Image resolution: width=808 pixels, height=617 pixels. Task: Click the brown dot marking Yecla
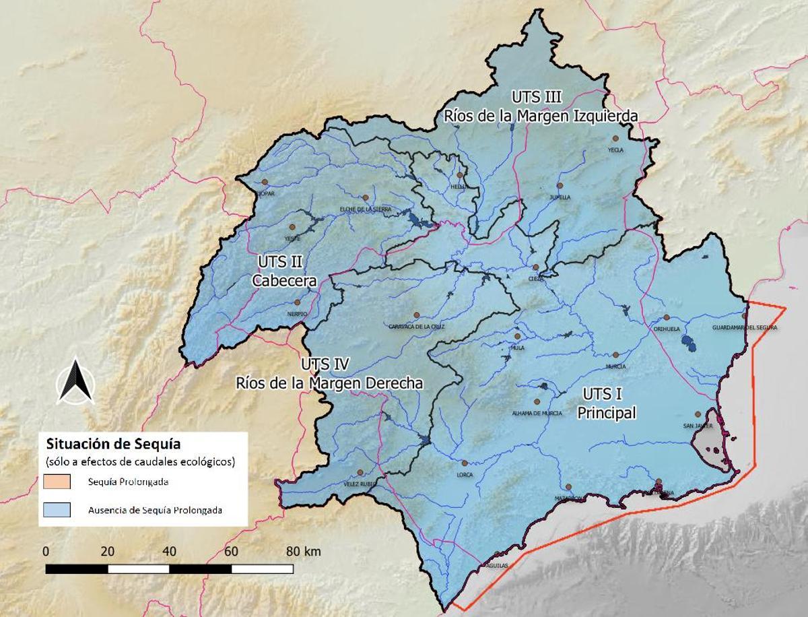coord(615,138)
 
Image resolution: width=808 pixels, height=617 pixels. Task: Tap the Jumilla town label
coord(560,197)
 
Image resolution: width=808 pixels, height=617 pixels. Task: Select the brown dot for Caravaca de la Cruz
coord(417,315)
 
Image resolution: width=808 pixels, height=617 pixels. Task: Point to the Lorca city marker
coord(465,463)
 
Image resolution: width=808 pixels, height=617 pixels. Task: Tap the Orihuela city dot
coord(666,317)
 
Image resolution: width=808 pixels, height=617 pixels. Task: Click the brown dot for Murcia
coord(615,355)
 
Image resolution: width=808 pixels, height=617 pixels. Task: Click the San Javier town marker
coord(698,414)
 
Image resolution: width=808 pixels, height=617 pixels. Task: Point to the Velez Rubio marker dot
coord(360,472)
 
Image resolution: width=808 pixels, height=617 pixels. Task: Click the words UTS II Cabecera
coord(285,271)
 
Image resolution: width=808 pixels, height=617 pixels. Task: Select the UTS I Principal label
coord(606,403)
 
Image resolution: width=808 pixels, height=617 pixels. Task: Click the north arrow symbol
coord(75,382)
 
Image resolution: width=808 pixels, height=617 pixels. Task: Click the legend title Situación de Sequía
coord(108,444)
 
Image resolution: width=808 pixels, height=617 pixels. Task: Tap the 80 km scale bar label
coord(303,551)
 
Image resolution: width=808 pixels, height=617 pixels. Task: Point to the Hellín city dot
coord(460,175)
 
